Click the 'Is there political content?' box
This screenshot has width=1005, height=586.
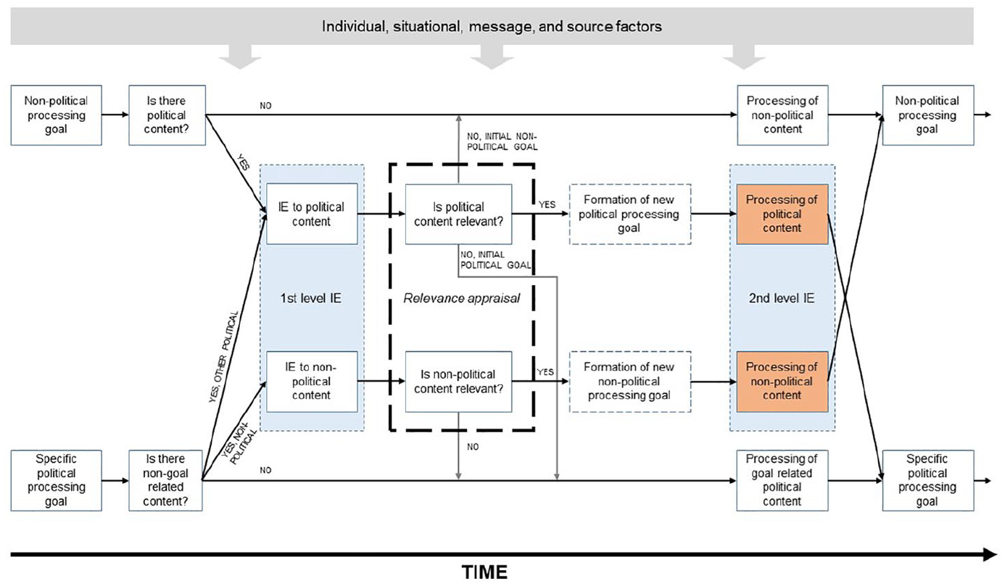click(x=167, y=115)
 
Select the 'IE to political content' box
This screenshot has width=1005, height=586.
click(x=312, y=213)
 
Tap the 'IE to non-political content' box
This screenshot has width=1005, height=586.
click(x=312, y=381)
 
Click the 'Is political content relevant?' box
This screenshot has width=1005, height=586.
click(x=458, y=214)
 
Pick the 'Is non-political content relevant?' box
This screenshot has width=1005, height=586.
click(x=458, y=381)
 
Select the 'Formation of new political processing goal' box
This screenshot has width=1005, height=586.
click(x=630, y=214)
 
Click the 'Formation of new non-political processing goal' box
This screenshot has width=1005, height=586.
click(x=630, y=381)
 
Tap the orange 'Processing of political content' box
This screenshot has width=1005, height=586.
click(x=782, y=214)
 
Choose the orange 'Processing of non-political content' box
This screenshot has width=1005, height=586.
click(x=782, y=381)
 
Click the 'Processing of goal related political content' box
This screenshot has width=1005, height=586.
click(x=782, y=480)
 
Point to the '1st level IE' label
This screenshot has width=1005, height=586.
click(x=310, y=298)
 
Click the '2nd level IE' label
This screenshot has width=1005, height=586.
click(x=781, y=298)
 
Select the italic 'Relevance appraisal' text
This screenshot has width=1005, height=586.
click(x=461, y=298)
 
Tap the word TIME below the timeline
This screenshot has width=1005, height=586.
click(x=484, y=572)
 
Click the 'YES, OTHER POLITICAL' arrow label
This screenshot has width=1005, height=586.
click(x=223, y=357)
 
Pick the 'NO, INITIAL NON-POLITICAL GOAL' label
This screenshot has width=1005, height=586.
click(x=502, y=141)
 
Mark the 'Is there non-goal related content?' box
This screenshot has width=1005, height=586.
click(x=165, y=480)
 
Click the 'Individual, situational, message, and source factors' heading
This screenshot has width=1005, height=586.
click(x=492, y=27)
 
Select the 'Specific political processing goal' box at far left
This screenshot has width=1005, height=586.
click(x=56, y=480)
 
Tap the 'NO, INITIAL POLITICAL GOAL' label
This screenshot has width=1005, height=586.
click(x=495, y=260)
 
